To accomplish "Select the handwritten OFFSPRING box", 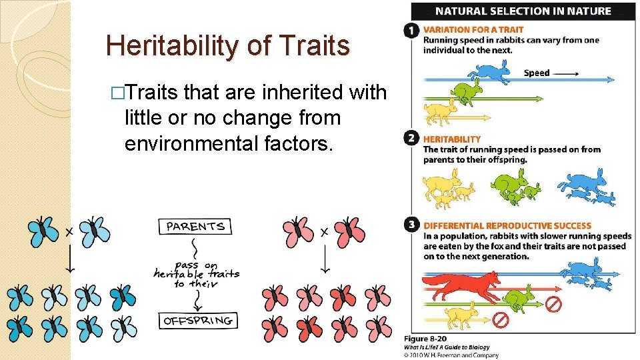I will pos(199,321).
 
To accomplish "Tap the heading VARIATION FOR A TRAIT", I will pos(473,30).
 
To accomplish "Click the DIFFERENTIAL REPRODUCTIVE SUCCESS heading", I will pos(507,225).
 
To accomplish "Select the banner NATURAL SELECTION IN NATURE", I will pos(523,11).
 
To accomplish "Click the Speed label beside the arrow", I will pos(537,73).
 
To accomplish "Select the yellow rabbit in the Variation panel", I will pos(440,110).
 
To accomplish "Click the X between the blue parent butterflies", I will pos(69,232).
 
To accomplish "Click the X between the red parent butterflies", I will pos(324,232).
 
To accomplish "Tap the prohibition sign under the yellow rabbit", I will pos(500,320).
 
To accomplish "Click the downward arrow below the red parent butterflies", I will pos(325,260).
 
